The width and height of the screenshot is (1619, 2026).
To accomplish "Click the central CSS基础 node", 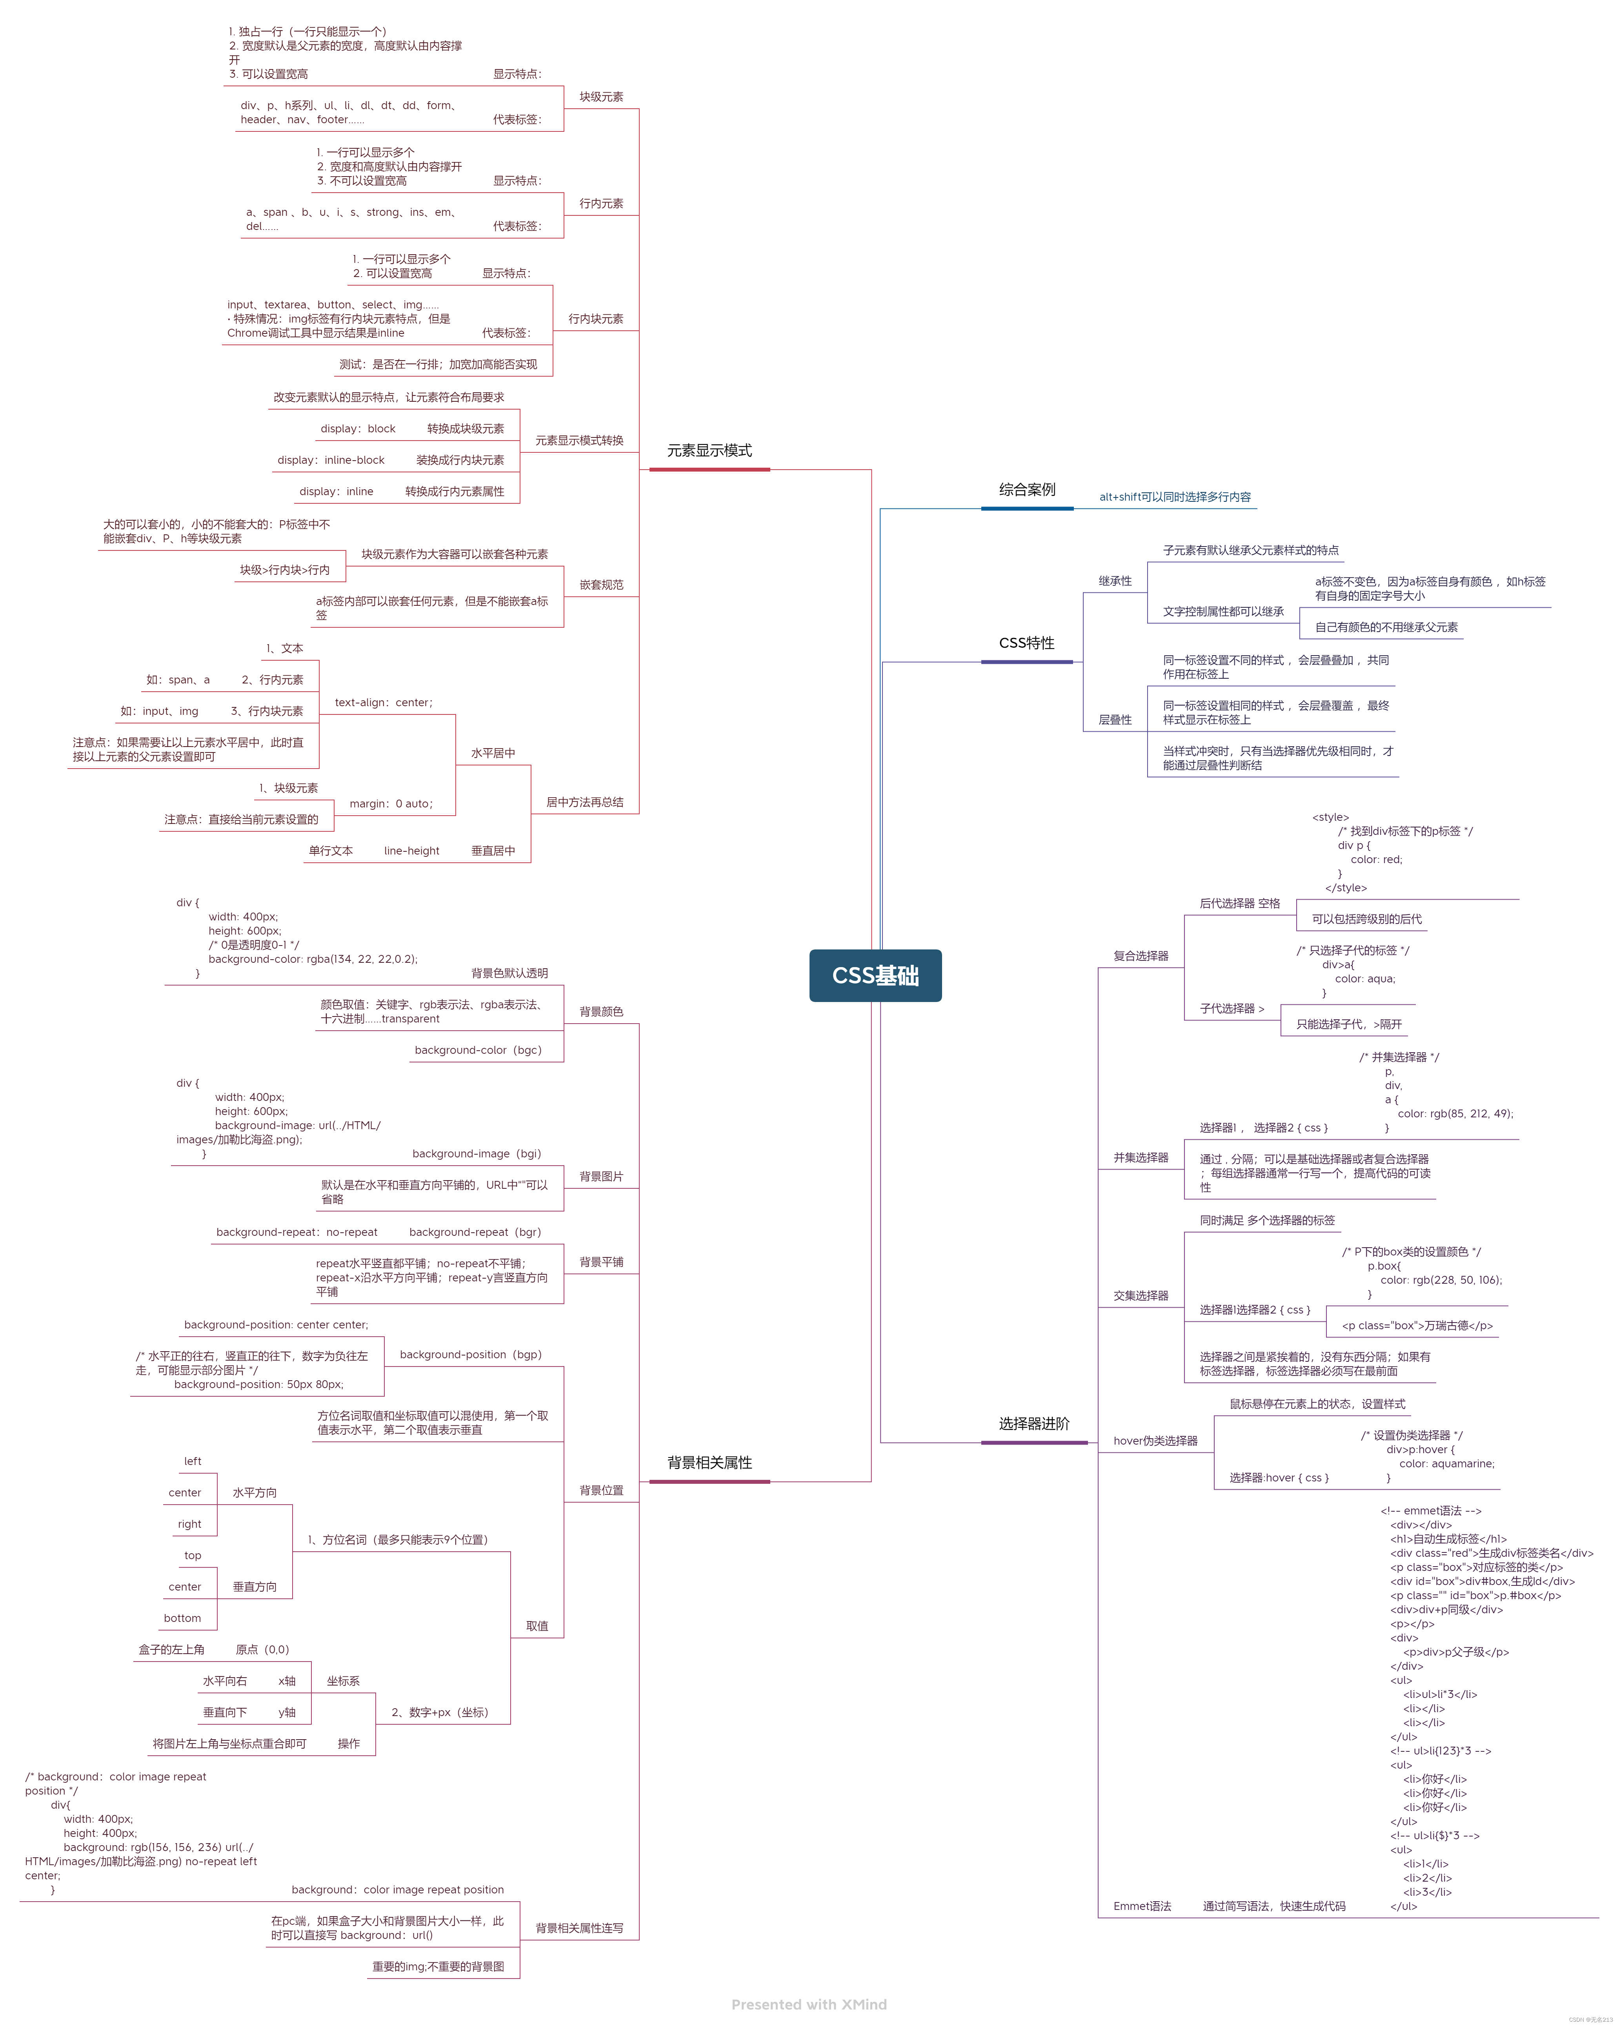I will pos(875,975).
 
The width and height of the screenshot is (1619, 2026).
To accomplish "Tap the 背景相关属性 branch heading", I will pos(709,1462).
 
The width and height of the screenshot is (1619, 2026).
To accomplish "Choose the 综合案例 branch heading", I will pos(1027,490).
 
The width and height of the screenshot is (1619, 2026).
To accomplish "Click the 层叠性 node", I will pos(1115,720).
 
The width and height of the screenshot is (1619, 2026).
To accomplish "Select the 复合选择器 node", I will pos(1141,956).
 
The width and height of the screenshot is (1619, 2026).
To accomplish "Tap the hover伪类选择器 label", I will pos(1155,1441).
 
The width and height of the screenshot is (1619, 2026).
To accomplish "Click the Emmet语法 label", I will pos(1142,1906).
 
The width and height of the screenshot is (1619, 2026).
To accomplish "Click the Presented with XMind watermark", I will pos(809,2004).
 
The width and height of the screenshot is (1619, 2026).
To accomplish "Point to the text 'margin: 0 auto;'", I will pos(391,803).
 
